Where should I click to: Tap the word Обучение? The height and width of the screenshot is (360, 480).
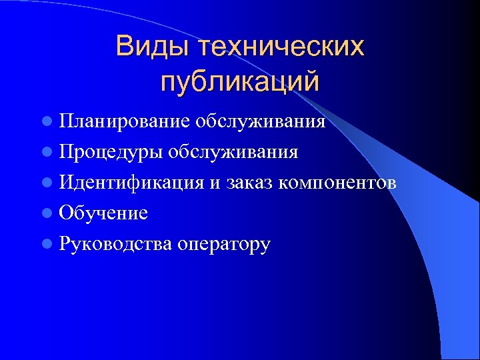[103, 213]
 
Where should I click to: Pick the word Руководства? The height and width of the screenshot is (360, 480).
[115, 244]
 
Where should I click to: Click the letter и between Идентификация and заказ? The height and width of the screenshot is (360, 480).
[213, 184]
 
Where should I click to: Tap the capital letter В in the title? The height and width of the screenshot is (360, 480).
[124, 47]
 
